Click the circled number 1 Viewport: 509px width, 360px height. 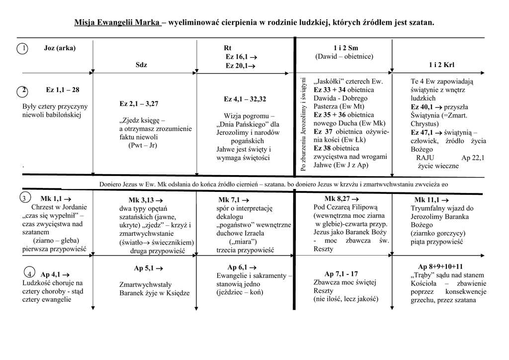click(21, 49)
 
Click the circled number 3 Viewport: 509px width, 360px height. click(23, 199)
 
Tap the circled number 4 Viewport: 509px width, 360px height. click(29, 274)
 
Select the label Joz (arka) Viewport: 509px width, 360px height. click(60, 48)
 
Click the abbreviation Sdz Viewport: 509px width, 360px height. click(141, 65)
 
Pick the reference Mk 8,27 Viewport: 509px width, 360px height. click(339, 198)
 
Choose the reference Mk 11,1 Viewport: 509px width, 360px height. click(430, 200)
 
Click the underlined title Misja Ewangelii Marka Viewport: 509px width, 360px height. click(117, 22)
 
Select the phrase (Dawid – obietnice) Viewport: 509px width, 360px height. click(344, 56)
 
